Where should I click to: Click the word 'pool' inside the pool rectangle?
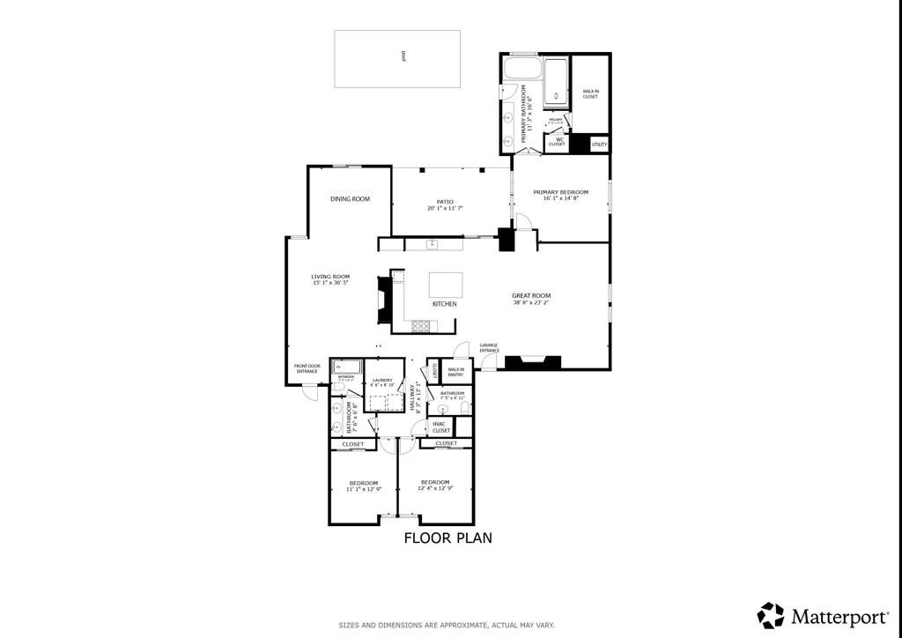pos(403,56)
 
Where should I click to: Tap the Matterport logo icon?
pos(771,614)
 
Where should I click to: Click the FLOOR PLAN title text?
pos(447,538)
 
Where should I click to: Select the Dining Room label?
pos(350,199)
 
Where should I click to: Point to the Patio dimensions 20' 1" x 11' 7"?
pos(445,209)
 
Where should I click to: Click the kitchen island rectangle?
pos(446,285)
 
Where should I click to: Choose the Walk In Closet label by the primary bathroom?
pos(590,94)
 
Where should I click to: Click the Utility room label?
pos(599,144)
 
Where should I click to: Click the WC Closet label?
pos(558,141)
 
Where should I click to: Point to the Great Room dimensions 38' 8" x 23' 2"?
pos(531,302)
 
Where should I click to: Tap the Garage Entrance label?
pos(489,347)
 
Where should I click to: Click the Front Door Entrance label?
pos(307,369)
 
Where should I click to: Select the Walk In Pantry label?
pos(455,372)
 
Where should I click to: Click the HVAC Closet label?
pos(441,427)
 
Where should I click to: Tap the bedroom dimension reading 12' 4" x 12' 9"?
pos(435,489)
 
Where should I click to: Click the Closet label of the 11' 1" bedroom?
pos(353,444)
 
